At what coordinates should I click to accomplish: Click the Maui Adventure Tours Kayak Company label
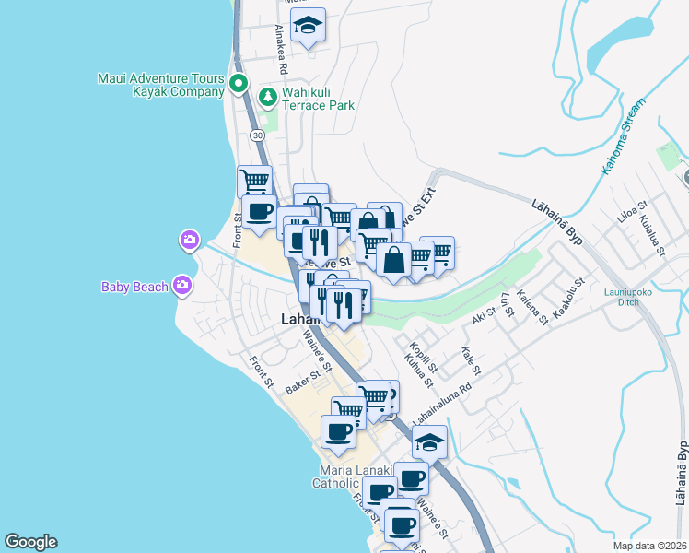pos(161,85)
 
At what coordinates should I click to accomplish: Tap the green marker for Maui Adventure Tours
pos(239,85)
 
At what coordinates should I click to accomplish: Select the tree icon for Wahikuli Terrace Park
pos(267,95)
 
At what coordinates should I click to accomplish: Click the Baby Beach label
pos(134,286)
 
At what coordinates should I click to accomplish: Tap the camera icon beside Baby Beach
pos(182,285)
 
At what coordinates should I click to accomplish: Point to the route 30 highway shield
pos(257,135)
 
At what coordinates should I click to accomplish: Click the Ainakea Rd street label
pos(281,49)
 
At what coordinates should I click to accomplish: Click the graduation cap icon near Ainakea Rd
pos(309,27)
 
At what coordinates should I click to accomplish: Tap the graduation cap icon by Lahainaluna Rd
pos(429,443)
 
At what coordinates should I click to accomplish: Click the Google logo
pos(30,542)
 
